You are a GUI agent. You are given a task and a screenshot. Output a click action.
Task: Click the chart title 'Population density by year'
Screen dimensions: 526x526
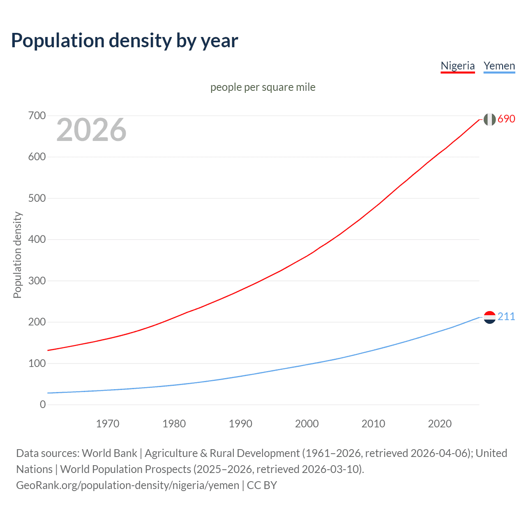click(125, 41)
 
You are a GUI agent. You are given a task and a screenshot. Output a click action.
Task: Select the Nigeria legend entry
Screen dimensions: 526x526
click(457, 66)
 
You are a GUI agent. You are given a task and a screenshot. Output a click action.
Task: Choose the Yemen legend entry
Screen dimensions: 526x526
click(499, 66)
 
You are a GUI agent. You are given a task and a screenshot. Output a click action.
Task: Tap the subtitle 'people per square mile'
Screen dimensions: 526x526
click(263, 87)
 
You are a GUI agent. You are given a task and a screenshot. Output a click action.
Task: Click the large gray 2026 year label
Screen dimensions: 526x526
click(91, 130)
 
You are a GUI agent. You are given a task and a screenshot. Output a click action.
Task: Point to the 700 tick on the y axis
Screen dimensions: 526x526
click(37, 115)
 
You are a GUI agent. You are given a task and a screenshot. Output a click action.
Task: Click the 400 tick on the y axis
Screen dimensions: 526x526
click(37, 239)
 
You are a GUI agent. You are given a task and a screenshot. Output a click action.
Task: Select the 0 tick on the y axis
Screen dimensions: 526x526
click(43, 404)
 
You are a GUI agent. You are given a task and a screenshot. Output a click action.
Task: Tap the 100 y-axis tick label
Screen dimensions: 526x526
click(37, 363)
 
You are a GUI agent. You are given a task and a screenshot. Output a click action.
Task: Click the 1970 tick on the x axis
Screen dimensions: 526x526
click(108, 424)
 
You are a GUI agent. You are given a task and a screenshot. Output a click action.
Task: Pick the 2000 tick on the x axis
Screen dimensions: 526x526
click(307, 424)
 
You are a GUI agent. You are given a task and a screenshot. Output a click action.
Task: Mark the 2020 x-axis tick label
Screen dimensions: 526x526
click(440, 424)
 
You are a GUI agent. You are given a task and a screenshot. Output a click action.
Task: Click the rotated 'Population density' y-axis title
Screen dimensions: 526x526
click(17, 255)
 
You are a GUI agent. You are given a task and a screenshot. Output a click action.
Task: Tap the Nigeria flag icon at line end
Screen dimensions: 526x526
click(489, 119)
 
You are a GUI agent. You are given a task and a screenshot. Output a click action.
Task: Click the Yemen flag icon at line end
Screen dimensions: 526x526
click(489, 317)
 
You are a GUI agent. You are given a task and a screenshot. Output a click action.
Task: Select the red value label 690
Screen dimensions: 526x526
click(506, 119)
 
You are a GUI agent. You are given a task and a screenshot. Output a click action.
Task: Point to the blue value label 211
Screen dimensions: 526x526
click(506, 316)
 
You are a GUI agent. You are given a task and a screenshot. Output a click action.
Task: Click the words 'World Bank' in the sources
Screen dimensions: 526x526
click(109, 453)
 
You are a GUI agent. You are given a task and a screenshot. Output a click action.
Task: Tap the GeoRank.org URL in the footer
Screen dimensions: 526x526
click(127, 485)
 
